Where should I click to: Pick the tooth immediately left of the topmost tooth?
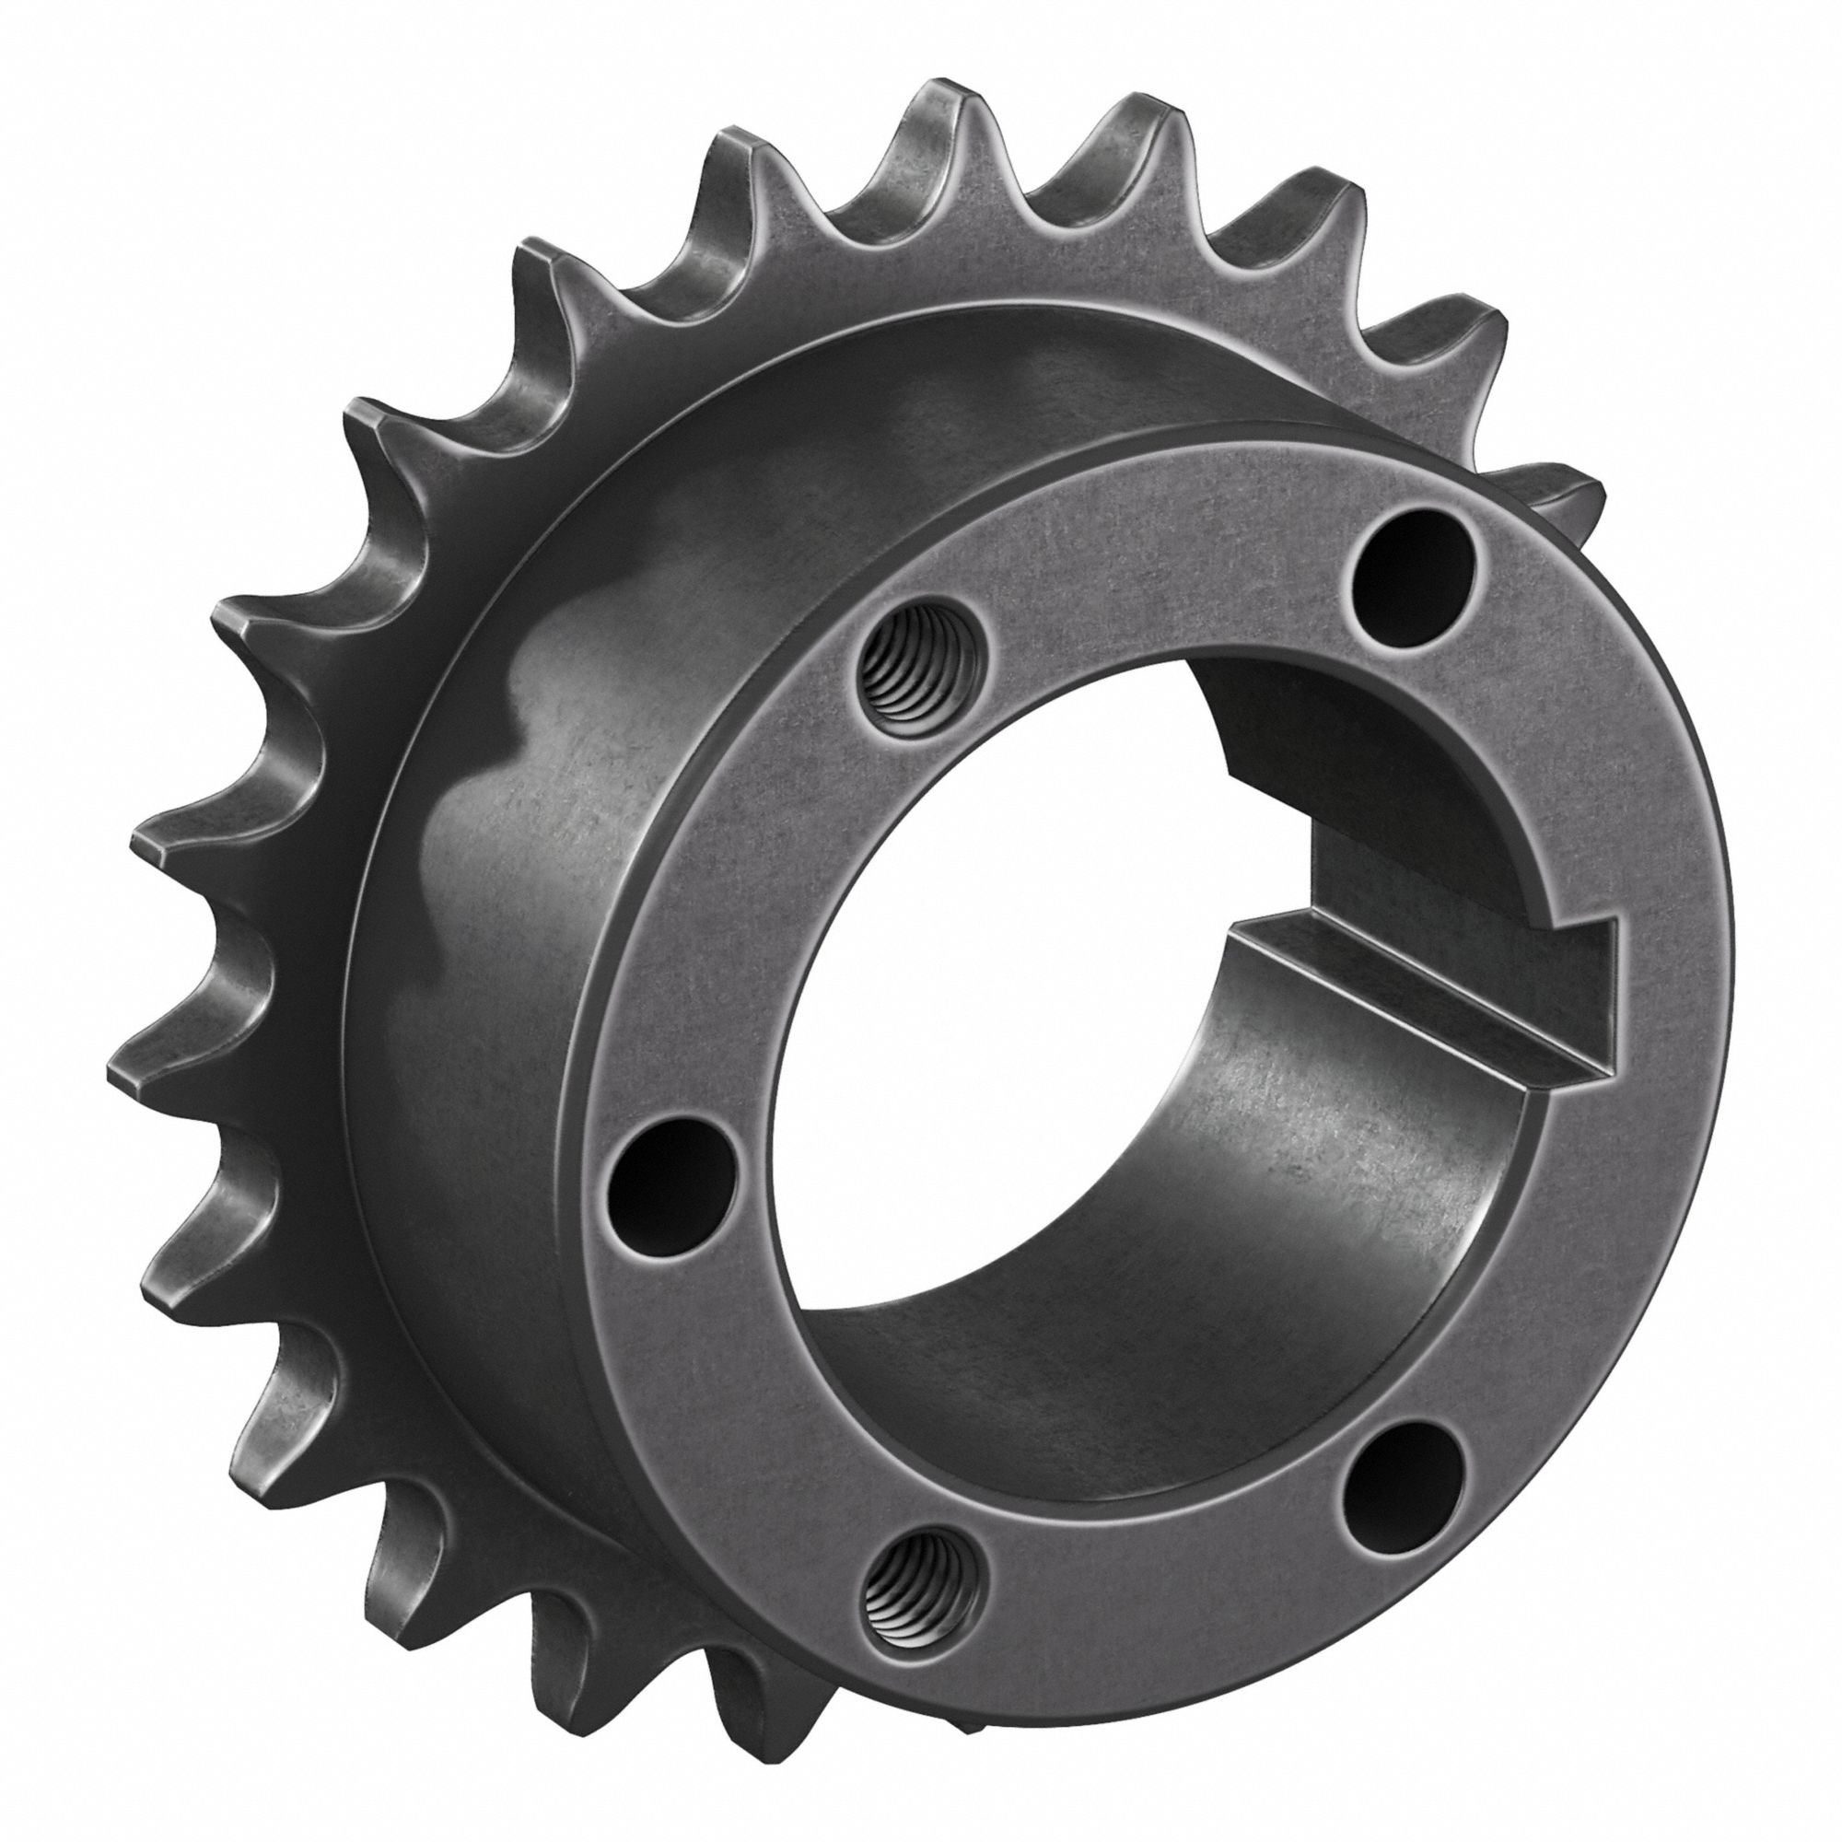click(734, 143)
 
